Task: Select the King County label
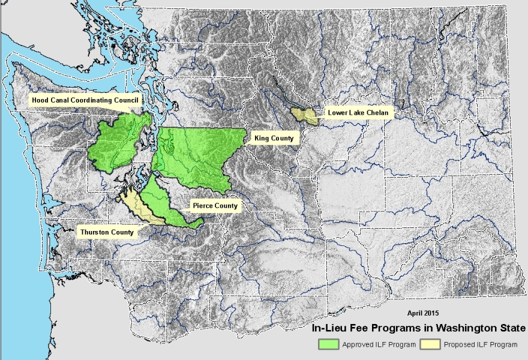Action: point(274,139)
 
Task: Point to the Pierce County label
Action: point(214,206)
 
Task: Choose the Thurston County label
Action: point(106,232)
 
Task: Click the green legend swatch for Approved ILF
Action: point(329,344)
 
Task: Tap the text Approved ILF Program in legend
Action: point(379,345)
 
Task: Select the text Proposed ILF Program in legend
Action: point(480,345)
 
